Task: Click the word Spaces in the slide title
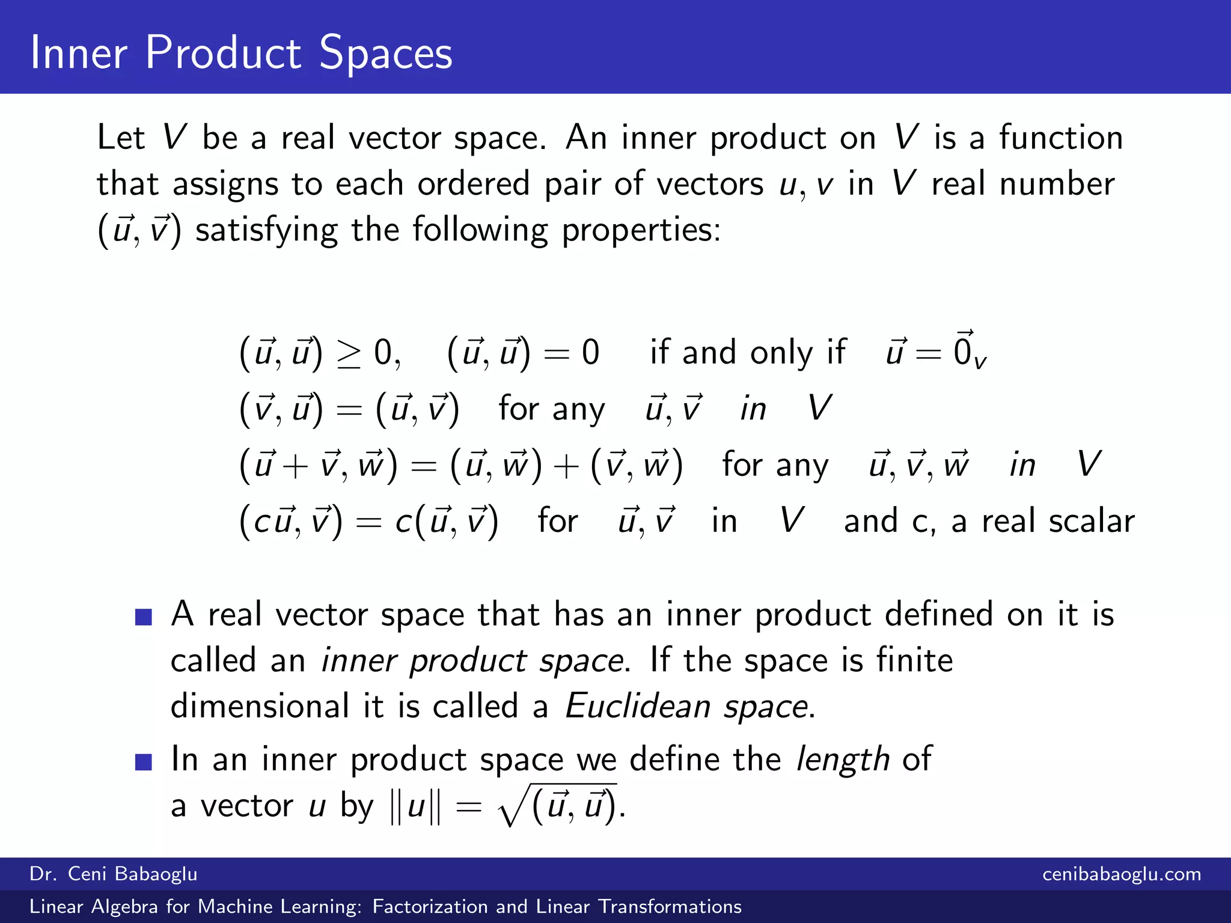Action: tap(385, 54)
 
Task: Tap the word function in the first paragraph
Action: tap(1061, 138)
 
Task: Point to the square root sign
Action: tap(515, 807)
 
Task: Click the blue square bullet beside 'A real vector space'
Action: tap(144, 617)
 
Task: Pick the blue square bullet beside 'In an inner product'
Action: tap(144, 762)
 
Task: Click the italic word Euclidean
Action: tap(638, 706)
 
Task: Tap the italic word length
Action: tap(842, 760)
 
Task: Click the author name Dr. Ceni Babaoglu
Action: tap(114, 874)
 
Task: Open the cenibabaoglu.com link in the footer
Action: tap(1122, 874)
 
